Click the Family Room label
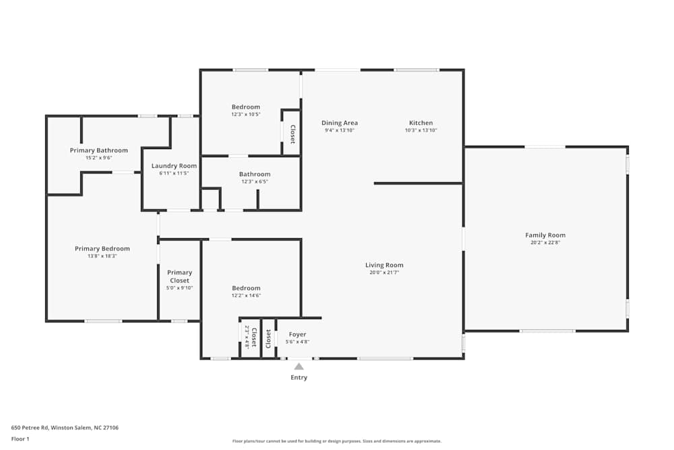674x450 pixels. (545, 235)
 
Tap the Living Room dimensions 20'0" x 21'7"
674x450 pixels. (384, 273)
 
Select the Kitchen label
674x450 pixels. (421, 123)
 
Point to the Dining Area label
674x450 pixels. (339, 123)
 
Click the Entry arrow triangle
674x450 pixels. (299, 366)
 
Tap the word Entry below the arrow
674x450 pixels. (299, 378)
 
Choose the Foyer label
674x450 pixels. (297, 335)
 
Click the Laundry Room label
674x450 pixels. (174, 166)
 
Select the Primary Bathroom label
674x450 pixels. (98, 150)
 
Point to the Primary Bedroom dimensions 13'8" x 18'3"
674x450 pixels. (102, 256)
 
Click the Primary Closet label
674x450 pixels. (179, 277)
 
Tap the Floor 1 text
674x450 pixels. (20, 439)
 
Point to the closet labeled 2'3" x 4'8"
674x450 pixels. (251, 337)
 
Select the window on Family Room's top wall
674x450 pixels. (545, 146)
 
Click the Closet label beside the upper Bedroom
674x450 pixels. (293, 134)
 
